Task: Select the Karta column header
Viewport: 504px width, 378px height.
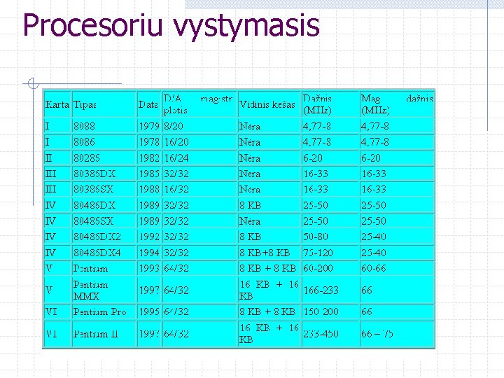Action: pos(57,104)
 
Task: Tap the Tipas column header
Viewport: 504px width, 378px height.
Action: pos(85,104)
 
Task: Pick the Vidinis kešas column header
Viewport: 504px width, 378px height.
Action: pos(267,104)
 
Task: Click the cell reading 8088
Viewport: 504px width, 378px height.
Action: pos(84,127)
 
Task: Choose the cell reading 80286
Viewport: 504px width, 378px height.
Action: pos(87,158)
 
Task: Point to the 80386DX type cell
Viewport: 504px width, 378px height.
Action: pos(94,174)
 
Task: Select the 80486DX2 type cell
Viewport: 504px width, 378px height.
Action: pos(97,237)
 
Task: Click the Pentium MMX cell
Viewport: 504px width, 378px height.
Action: pos(91,290)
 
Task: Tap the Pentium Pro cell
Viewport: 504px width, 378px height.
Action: pos(100,311)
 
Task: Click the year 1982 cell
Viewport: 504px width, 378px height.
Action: pos(148,158)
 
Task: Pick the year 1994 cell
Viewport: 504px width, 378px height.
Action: pos(148,252)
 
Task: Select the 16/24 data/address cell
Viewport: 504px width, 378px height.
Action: pos(176,158)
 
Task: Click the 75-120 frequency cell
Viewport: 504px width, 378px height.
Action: pos(318,252)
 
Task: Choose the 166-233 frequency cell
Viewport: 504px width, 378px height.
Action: pos(320,290)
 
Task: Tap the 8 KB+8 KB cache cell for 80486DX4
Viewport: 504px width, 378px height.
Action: pos(264,252)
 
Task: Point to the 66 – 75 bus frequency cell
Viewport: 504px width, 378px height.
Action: pos(377,334)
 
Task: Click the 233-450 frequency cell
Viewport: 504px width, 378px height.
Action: pos(320,334)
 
